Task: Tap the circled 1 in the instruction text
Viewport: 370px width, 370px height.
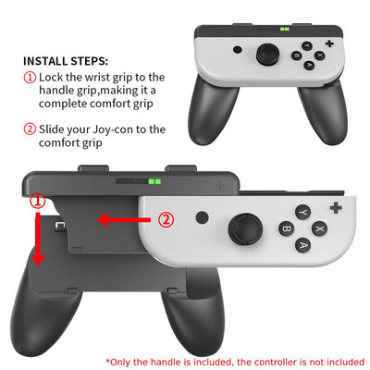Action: (31, 78)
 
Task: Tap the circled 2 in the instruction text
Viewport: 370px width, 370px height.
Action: (31, 129)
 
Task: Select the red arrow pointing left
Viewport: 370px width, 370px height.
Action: (124, 220)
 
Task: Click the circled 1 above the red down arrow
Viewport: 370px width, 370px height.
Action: (37, 200)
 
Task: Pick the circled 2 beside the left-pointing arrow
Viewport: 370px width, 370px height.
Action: (166, 220)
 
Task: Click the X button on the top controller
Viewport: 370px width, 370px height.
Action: (320, 55)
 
